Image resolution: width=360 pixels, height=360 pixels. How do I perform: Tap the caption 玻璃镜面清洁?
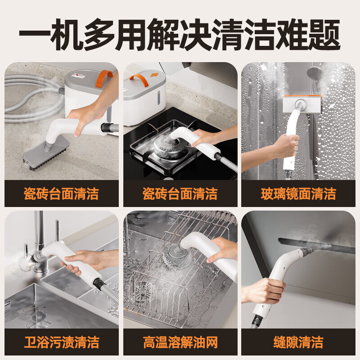click(x=298, y=194)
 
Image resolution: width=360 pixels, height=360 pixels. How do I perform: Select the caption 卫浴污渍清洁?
click(x=61, y=342)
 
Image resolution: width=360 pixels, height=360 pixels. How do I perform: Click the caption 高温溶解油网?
click(x=180, y=342)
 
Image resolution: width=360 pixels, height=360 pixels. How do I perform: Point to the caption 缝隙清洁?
click(x=298, y=342)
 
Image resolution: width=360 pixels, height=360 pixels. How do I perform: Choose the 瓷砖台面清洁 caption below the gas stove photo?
click(x=180, y=194)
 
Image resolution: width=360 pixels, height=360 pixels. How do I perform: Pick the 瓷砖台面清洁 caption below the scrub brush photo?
click(x=61, y=194)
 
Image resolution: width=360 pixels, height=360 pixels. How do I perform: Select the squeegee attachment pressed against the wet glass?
click(x=301, y=103)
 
